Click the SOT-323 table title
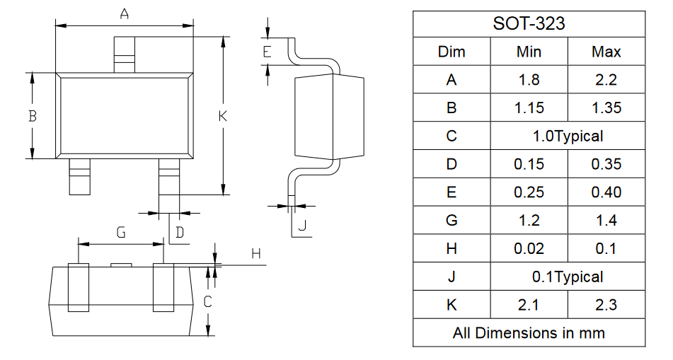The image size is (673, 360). click(x=529, y=23)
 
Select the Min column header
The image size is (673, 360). click(x=529, y=52)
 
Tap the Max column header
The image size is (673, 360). click(x=606, y=52)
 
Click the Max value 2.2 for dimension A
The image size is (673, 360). click(x=606, y=80)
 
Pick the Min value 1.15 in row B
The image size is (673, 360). click(x=529, y=108)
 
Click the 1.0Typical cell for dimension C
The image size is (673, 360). click(x=568, y=136)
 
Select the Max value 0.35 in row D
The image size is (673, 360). click(x=606, y=164)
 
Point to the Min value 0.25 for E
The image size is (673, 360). click(x=529, y=192)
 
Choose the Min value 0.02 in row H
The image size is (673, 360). click(x=529, y=248)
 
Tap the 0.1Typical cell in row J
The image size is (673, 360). click(x=568, y=277)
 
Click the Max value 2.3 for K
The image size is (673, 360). click(x=606, y=305)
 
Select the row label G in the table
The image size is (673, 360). click(x=451, y=220)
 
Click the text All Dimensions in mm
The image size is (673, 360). click(x=529, y=333)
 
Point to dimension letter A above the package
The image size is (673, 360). click(x=124, y=14)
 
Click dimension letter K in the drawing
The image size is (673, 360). click(x=222, y=116)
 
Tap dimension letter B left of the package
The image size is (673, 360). click(x=32, y=116)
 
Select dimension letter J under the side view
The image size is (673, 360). click(x=302, y=225)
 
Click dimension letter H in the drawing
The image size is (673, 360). click(x=256, y=254)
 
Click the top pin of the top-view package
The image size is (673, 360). click(x=125, y=54)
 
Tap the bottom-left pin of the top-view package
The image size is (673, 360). click(x=80, y=177)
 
